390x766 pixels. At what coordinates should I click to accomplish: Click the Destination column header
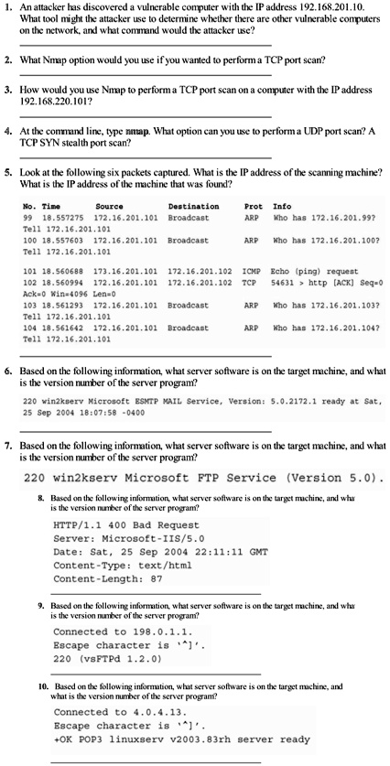pyautogui.click(x=194, y=207)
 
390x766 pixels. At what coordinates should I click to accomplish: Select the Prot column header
pyautogui.click(x=253, y=207)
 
